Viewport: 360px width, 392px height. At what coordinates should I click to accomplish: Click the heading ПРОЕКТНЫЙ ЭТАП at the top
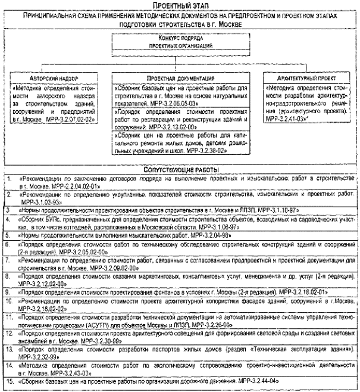click(179, 5)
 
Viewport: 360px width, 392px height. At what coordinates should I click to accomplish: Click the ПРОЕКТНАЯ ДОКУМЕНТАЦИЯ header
click(181, 79)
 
